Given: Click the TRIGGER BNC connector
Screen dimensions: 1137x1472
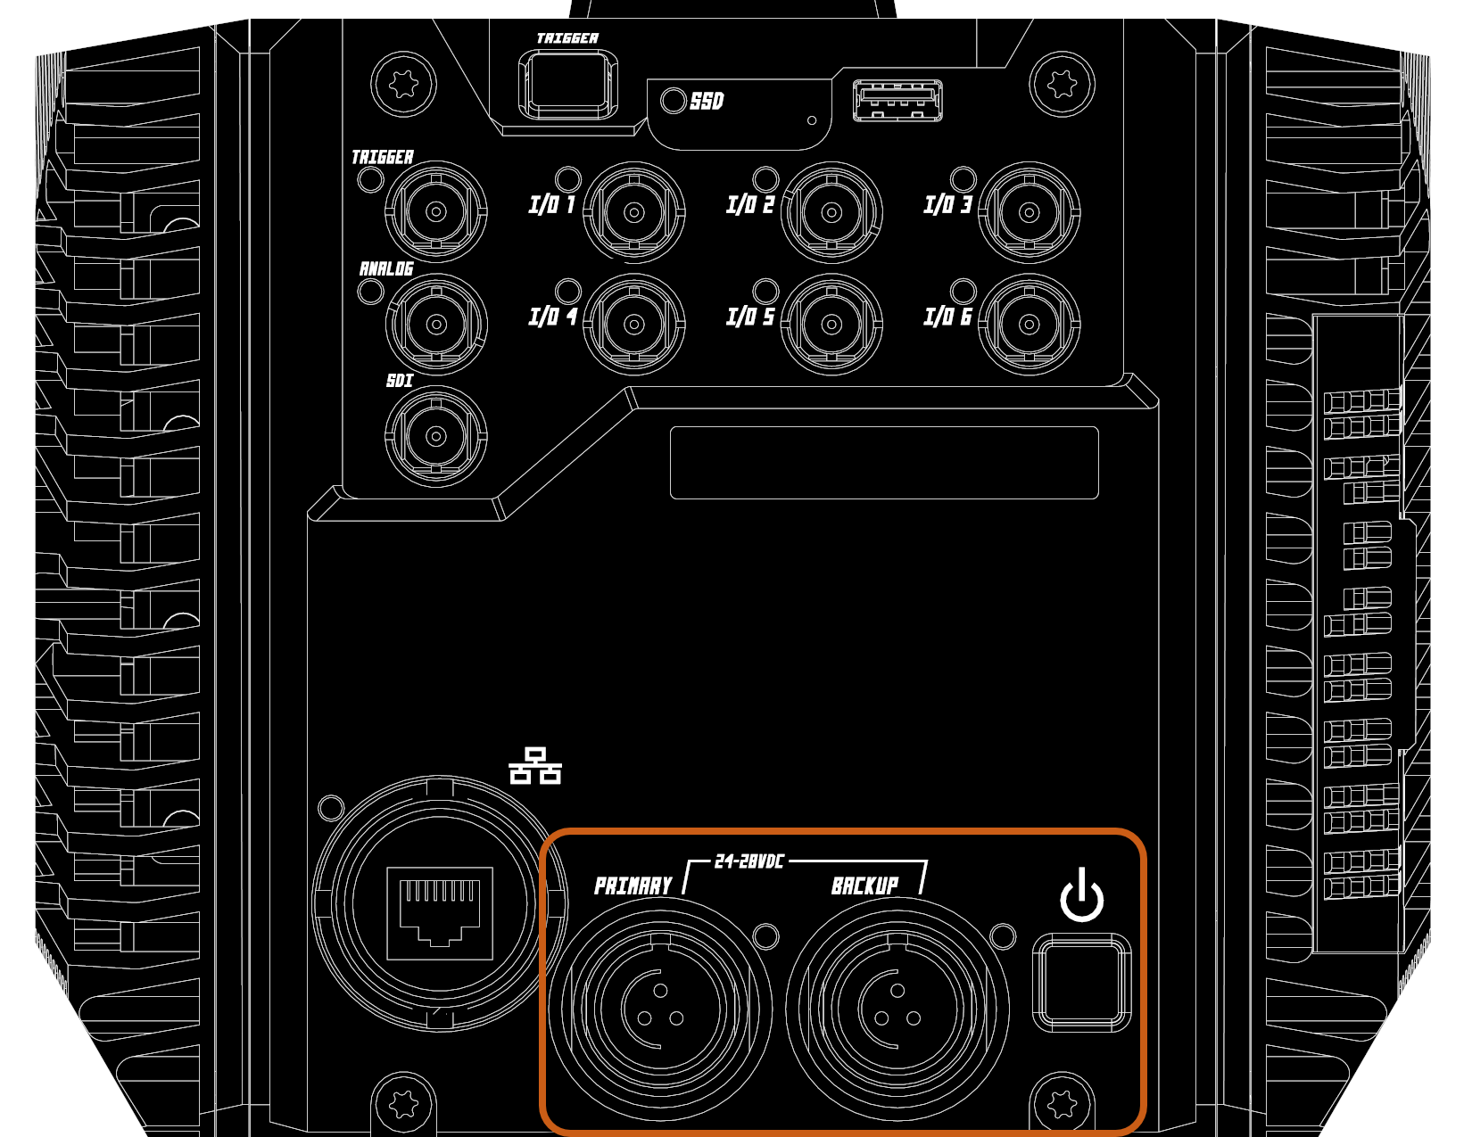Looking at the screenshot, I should pyautogui.click(x=436, y=212).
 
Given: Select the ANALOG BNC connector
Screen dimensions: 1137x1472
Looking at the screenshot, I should pyautogui.click(x=436, y=324).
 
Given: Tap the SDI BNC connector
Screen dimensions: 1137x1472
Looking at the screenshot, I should pyautogui.click(x=436, y=436).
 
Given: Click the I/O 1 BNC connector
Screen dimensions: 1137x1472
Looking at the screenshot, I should pyautogui.click(x=633, y=212).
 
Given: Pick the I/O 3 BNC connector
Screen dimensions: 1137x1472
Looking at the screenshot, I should pyautogui.click(x=1029, y=212).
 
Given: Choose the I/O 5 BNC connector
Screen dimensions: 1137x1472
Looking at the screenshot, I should pyautogui.click(x=831, y=324).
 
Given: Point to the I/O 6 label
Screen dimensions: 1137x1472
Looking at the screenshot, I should pyautogui.click(x=947, y=317).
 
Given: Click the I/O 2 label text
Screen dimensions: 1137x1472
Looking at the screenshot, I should pyautogui.click(x=750, y=205).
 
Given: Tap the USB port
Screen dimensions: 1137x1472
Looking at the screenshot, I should pyautogui.click(x=897, y=100).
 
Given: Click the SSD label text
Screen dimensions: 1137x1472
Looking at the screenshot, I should pyautogui.click(x=707, y=101).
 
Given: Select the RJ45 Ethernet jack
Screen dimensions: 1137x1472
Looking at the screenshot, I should pyautogui.click(x=440, y=911).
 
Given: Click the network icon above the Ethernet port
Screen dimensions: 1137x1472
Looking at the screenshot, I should pyautogui.click(x=535, y=766).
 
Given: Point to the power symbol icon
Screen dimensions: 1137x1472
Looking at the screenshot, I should pyautogui.click(x=1081, y=895).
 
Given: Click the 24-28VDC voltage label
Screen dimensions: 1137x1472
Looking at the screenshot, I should pyautogui.click(x=749, y=861).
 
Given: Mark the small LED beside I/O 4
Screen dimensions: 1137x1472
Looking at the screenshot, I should pyautogui.click(x=567, y=291).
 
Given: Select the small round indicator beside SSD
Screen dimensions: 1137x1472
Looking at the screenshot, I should pyautogui.click(x=673, y=100).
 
